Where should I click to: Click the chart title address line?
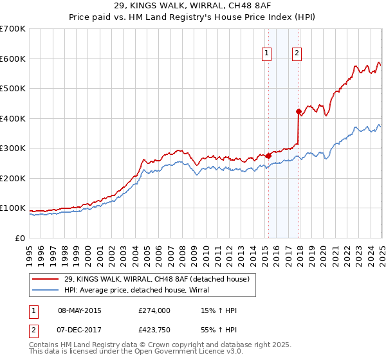coord(192,8)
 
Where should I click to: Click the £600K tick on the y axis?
coord(13,59)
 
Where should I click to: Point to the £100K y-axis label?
coord(13,208)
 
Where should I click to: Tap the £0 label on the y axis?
coord(21,238)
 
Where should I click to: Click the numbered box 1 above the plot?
coord(266,54)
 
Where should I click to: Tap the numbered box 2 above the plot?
coord(297,54)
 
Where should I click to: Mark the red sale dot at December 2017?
coord(299,111)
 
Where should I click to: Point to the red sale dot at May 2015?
coord(268,156)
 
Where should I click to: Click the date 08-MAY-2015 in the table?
coord(79,310)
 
